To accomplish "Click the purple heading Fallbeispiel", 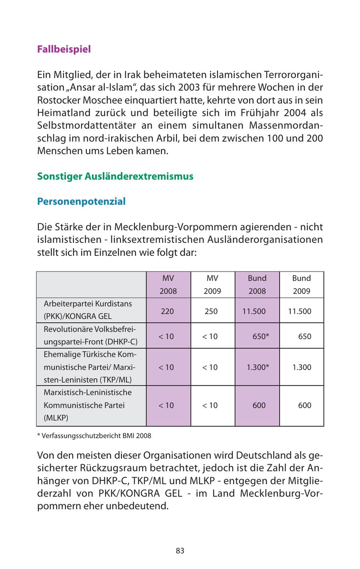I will point(64,49).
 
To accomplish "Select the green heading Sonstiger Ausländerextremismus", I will point(115,176).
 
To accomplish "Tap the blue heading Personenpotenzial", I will point(81,202).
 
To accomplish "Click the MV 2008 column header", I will point(168,284).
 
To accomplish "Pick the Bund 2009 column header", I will point(301,284).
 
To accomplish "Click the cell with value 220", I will point(168,311).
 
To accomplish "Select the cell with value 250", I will point(211,311).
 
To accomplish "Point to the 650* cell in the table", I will point(260,336).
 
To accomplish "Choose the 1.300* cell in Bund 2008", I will point(257,367).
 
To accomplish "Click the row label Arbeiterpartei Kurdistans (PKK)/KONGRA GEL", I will point(88,310).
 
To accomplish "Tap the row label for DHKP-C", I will point(90,336).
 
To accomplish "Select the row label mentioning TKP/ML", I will point(90,367).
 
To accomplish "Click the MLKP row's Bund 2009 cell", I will point(304,405).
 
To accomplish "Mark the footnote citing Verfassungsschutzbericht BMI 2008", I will point(94,435).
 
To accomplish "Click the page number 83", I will point(180,551).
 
